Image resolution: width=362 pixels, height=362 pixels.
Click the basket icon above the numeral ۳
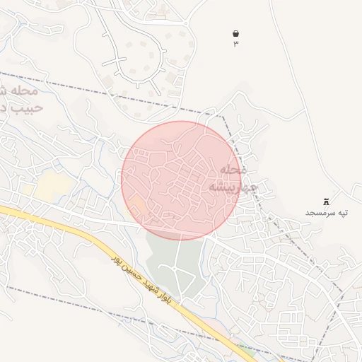[x=235, y=33]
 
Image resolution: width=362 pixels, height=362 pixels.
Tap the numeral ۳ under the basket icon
[x=235, y=44]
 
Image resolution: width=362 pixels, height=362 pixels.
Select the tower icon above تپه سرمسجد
[x=326, y=202]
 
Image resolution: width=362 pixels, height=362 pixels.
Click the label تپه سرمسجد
[x=327, y=213]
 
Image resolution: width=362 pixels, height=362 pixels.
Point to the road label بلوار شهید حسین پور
[x=141, y=280]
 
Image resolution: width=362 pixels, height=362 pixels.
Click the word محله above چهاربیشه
[x=232, y=170]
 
